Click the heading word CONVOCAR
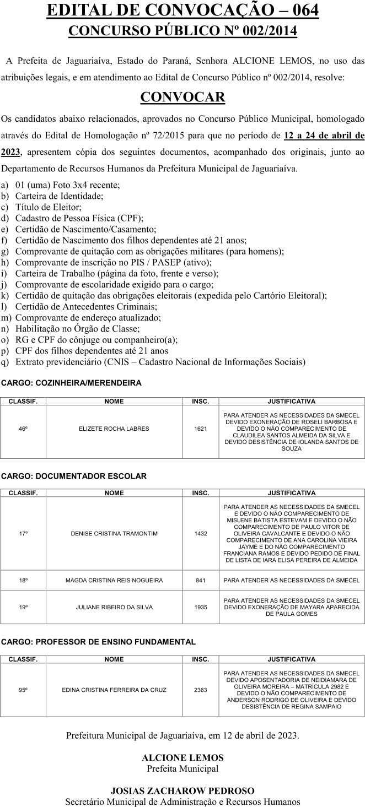pyautogui.click(x=182, y=98)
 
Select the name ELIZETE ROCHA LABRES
pyautogui.click(x=114, y=429)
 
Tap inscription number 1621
pyautogui.click(x=201, y=429)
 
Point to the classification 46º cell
pyautogui.click(x=23, y=429)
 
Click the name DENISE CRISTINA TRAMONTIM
pyautogui.click(x=114, y=534)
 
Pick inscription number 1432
pyautogui.click(x=201, y=534)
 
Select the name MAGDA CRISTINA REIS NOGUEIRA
pyautogui.click(x=114, y=580)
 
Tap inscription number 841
pyautogui.click(x=201, y=580)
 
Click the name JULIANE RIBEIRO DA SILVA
pyautogui.click(x=114, y=607)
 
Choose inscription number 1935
pyautogui.click(x=201, y=607)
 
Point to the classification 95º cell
pyautogui.click(x=23, y=690)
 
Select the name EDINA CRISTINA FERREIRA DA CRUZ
pyautogui.click(x=114, y=690)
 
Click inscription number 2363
pyautogui.click(x=201, y=690)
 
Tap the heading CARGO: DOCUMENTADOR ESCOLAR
pyautogui.click(x=74, y=476)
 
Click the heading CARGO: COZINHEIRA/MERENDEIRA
pyautogui.click(x=71, y=383)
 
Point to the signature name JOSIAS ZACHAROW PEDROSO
pyautogui.click(x=182, y=791)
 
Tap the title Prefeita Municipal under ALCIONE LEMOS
pyautogui.click(x=182, y=768)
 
